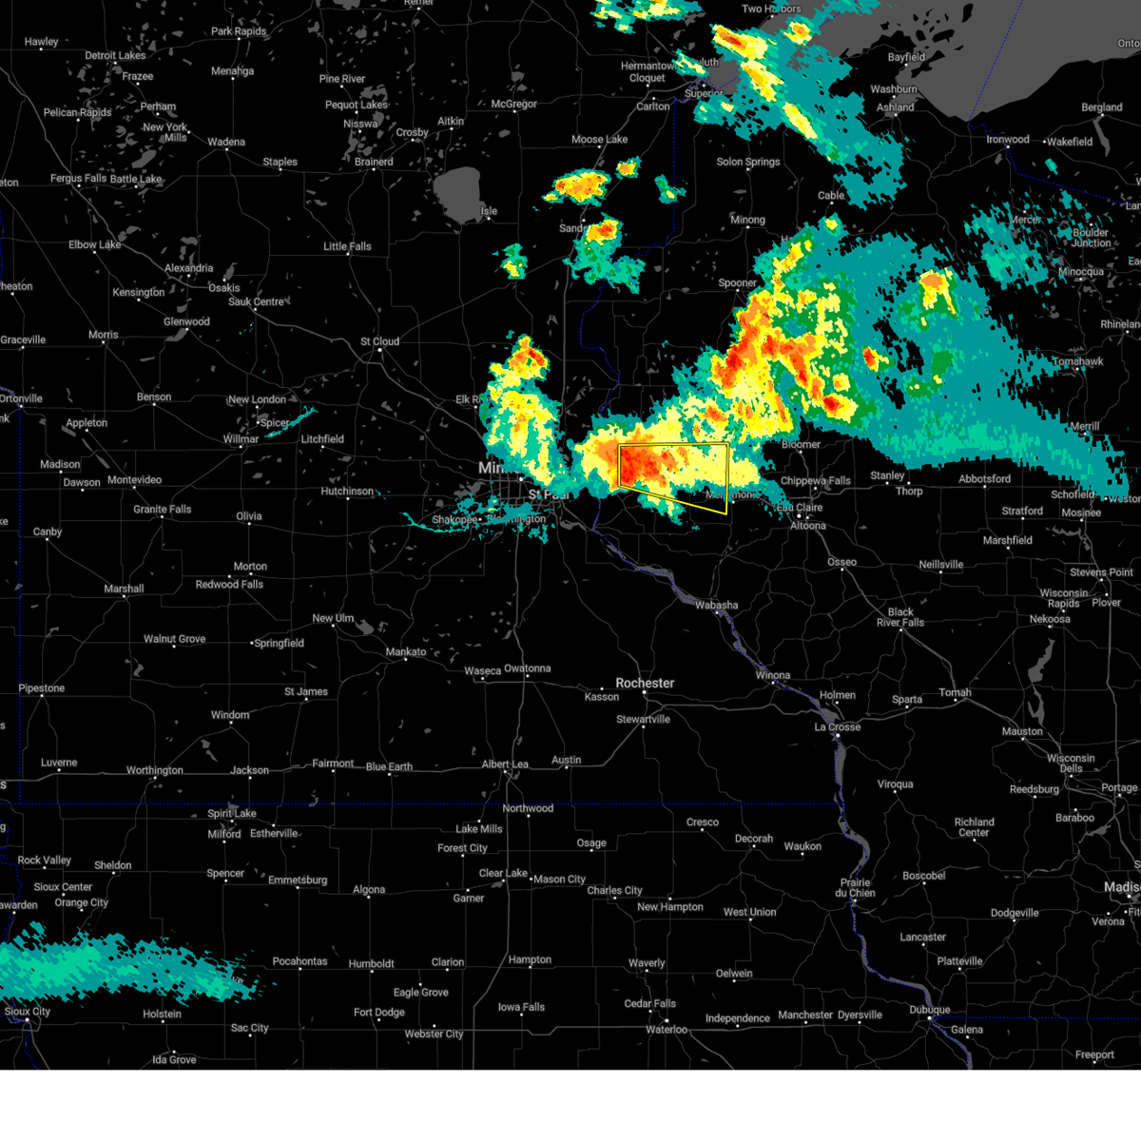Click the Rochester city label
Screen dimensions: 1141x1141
coord(645,683)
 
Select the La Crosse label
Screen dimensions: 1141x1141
coord(838,727)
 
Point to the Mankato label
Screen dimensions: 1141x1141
coord(406,652)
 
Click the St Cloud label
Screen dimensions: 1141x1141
coord(379,341)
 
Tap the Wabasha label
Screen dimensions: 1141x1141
coord(716,606)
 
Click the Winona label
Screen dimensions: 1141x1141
coord(773,676)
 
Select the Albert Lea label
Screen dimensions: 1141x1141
coord(505,764)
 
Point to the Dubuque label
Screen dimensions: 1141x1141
coord(929,1010)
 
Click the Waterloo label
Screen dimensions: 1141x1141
coord(667,1030)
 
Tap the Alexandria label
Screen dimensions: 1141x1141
coord(189,268)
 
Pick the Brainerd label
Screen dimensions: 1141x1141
coord(374,162)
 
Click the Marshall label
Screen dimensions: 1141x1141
coord(124,590)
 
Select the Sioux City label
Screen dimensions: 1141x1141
coord(28,1012)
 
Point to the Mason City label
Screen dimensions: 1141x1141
coord(559,880)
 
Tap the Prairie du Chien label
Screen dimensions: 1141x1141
coord(855,888)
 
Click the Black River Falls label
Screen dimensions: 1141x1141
coord(900,617)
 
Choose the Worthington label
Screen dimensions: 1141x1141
coord(155,770)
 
